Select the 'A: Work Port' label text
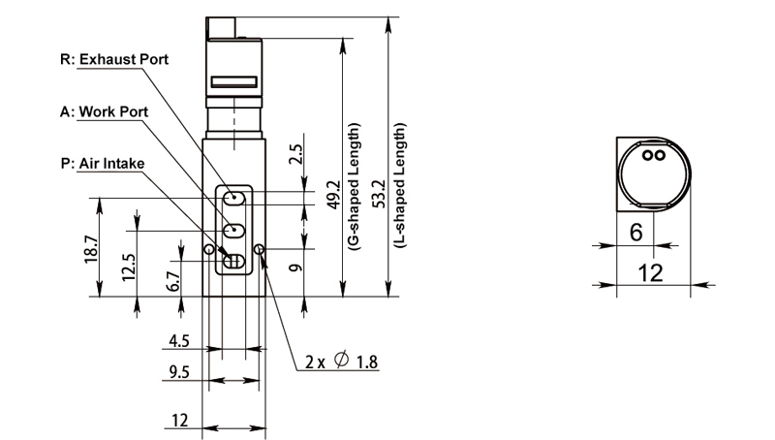click(x=105, y=111)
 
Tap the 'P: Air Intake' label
click(x=102, y=163)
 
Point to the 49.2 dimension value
click(x=332, y=194)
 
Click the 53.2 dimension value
click(x=382, y=194)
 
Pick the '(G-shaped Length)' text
click(x=354, y=187)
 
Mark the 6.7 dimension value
click(x=172, y=281)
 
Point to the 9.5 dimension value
click(x=176, y=373)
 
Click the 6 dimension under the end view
click(x=635, y=232)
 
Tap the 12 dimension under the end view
click(x=651, y=272)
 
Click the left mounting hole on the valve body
click(x=208, y=250)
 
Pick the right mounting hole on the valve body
click(x=259, y=250)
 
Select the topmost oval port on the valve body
click(x=233, y=198)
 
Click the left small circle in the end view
click(x=649, y=153)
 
